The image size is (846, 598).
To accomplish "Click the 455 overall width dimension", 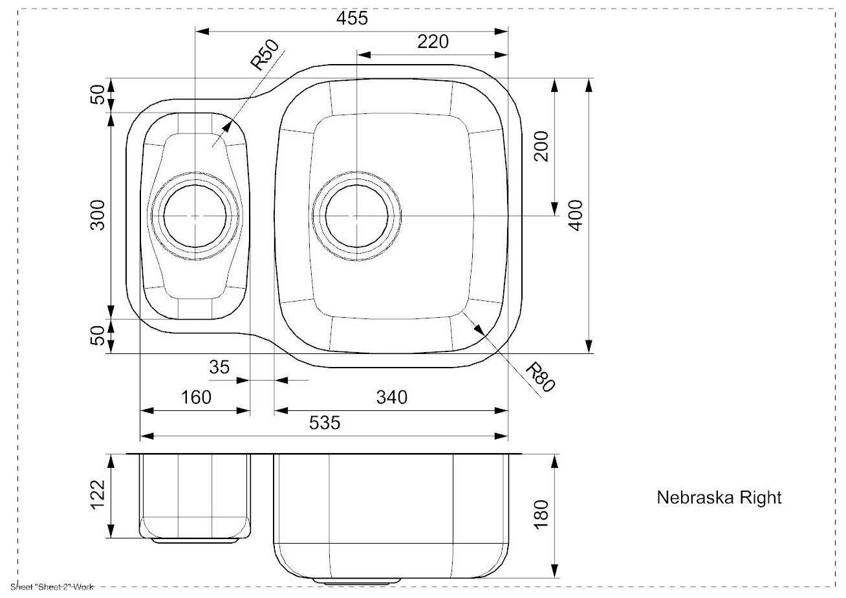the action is pos(352,18).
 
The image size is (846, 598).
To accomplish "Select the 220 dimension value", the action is pos(433,41).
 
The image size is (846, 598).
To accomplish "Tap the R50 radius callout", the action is pos(265,55).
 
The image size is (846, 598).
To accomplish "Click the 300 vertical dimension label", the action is pos(98,215).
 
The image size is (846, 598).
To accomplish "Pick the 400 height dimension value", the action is pos(576,216).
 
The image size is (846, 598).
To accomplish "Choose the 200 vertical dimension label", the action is pos(541,146).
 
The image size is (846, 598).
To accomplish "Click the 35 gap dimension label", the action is pos(219,367).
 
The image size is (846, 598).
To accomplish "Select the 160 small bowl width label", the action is pos(196,397).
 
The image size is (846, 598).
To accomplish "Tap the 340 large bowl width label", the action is pos(392,397).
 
